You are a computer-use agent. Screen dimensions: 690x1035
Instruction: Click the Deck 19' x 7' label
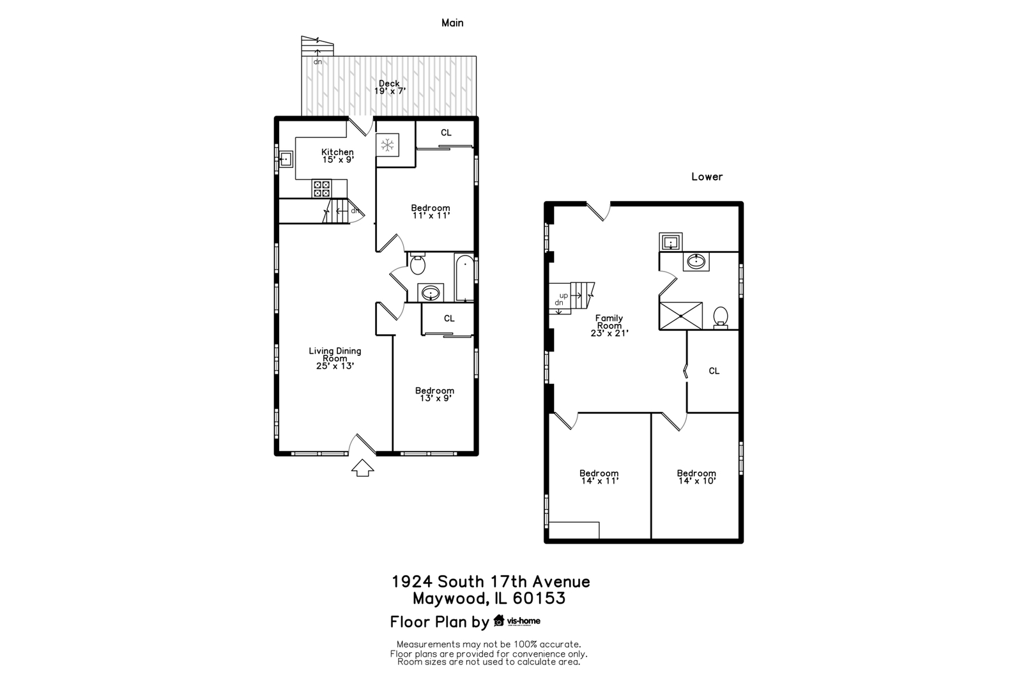(389, 87)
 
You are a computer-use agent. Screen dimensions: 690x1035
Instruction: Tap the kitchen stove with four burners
(321, 188)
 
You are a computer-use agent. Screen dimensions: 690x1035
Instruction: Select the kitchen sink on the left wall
(286, 158)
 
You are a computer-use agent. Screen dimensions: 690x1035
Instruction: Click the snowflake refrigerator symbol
(387, 145)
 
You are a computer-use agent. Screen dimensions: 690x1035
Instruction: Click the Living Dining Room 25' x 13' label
(335, 358)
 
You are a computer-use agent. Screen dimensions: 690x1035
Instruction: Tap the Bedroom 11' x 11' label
(431, 211)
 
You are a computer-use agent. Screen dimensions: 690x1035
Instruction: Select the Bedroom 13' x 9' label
(434, 394)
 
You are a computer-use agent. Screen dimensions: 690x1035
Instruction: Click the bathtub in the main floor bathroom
(464, 278)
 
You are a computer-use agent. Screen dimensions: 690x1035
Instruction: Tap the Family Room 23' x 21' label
(609, 325)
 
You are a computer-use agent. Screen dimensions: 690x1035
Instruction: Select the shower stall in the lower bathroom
(681, 316)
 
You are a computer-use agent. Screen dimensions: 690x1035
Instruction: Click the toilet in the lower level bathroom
(721, 316)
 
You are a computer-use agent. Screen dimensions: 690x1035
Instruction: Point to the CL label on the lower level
(714, 371)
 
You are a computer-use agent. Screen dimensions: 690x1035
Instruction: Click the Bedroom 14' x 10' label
(696, 477)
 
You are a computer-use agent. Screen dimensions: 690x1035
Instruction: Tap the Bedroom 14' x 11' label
(599, 477)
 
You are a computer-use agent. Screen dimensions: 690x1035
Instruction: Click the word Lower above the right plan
(707, 177)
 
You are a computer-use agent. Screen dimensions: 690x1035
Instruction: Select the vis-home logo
(517, 620)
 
